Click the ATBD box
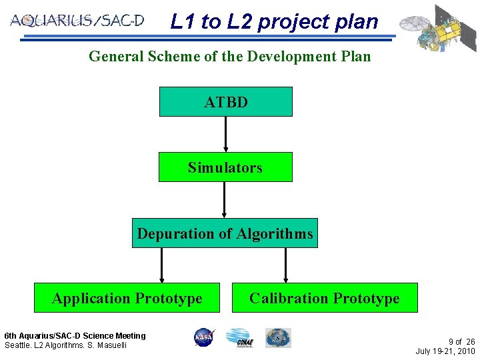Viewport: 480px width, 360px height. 225,101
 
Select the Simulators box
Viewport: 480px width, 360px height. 225,167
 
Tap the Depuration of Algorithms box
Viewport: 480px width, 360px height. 225,233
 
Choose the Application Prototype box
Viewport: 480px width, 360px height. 127,297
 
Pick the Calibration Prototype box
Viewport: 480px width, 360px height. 325,297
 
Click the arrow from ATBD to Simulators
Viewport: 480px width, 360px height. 226,134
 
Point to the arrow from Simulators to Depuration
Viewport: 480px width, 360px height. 225,199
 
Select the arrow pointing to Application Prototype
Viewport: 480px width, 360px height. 161,265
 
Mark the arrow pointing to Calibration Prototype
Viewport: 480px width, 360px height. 286,265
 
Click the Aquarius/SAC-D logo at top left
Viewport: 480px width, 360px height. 77,21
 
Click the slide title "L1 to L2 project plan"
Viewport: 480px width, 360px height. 274,21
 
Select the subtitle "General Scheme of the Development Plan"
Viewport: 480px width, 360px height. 229,56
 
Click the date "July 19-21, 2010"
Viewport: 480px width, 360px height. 445,351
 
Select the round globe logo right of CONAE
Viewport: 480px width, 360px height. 277,337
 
